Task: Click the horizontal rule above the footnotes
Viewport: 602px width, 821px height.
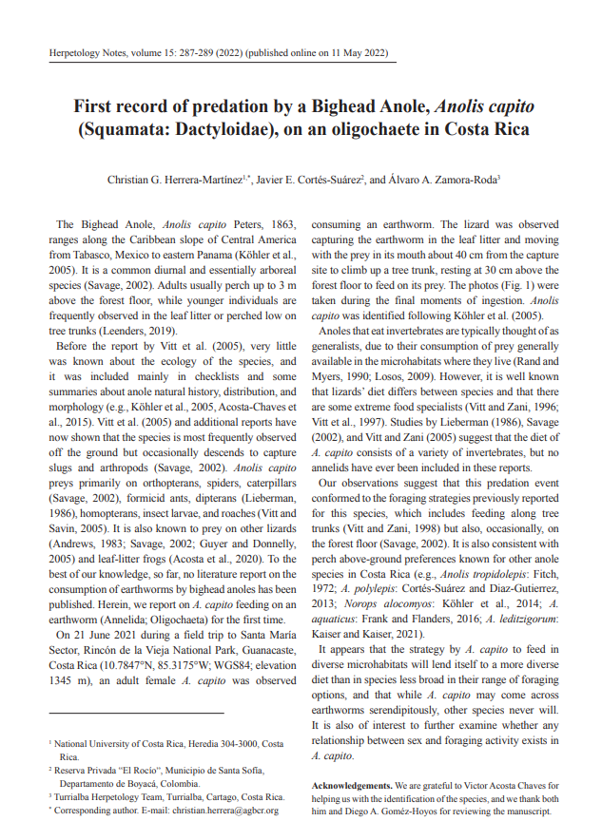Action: [136, 713]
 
